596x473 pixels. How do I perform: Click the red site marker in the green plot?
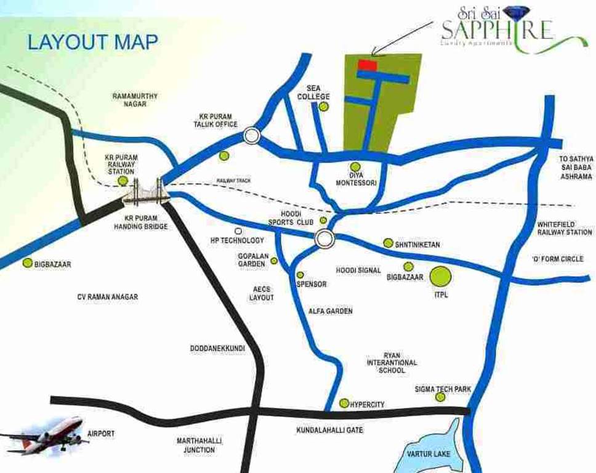368,65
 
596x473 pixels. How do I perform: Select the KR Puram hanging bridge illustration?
145,192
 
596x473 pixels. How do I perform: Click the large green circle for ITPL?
440,277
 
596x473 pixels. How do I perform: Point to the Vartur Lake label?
429,455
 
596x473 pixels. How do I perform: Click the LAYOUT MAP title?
92,42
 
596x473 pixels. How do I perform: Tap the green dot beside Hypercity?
344,403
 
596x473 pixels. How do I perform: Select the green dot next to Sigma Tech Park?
440,397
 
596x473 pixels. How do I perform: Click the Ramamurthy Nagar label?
135,100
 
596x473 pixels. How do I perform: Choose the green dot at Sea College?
324,107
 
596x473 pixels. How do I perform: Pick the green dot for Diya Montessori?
355,167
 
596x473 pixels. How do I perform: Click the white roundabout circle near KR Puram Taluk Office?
251,135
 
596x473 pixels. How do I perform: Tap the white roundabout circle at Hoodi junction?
324,238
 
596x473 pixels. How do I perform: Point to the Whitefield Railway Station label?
564,228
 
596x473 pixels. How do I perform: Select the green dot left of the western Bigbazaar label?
27,263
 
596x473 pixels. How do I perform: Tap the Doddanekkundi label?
217,349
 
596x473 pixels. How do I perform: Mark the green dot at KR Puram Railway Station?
123,181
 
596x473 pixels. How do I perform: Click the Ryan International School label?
392,363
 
